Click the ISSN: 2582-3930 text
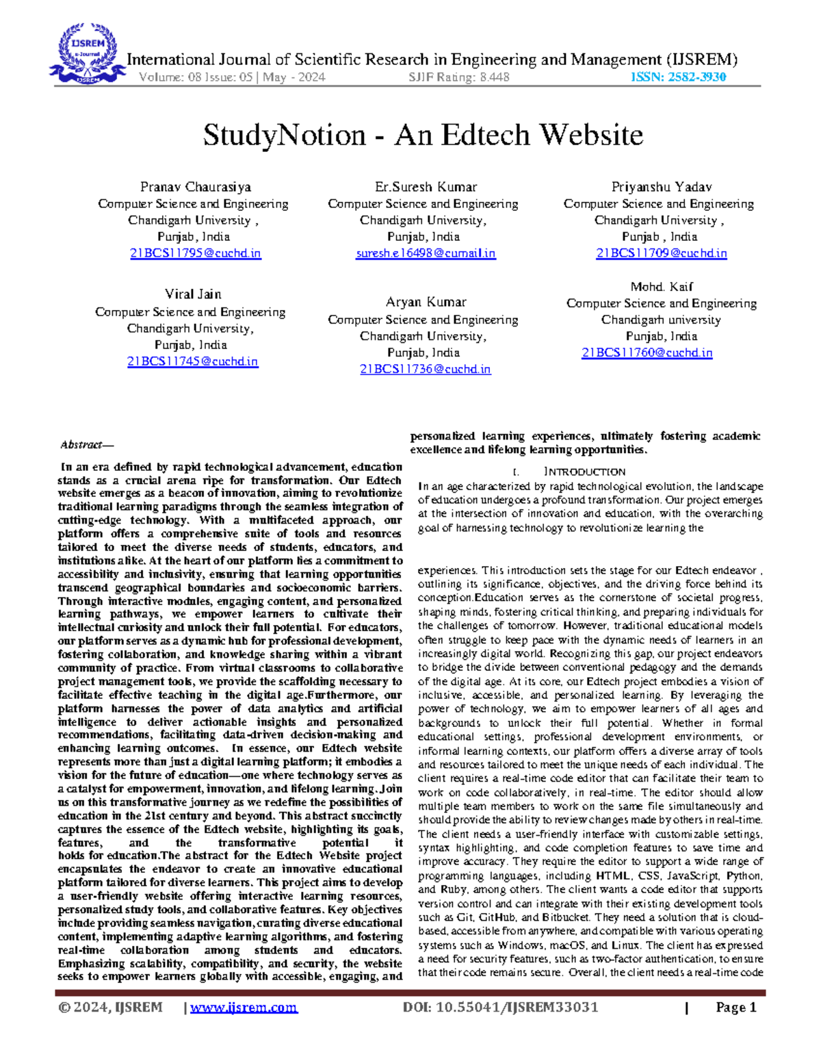[677, 77]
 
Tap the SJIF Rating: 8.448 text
[458, 77]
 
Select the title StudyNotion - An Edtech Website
[423, 135]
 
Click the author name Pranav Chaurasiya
[196, 187]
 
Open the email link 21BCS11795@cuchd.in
[196, 253]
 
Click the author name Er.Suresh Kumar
[426, 187]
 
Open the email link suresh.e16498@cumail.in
[426, 253]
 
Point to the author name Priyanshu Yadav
[662, 187]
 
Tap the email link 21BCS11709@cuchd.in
[662, 253]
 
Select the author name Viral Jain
[193, 294]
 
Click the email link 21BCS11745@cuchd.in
[193, 361]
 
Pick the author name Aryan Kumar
[426, 302]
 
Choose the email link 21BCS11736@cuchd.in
[426, 369]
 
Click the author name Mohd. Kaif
[662, 287]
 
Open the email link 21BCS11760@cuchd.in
[647, 353]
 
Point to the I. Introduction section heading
[578, 472]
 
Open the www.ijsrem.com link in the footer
[244, 1007]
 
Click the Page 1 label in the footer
[736, 1007]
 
